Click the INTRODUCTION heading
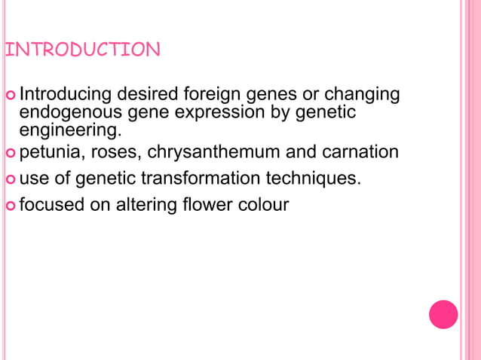pyautogui.click(x=82, y=50)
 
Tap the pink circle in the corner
pyautogui.click(x=443, y=314)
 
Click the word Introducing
pyautogui.click(x=64, y=95)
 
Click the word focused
pyautogui.click(x=52, y=204)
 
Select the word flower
pyautogui.click(x=207, y=204)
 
